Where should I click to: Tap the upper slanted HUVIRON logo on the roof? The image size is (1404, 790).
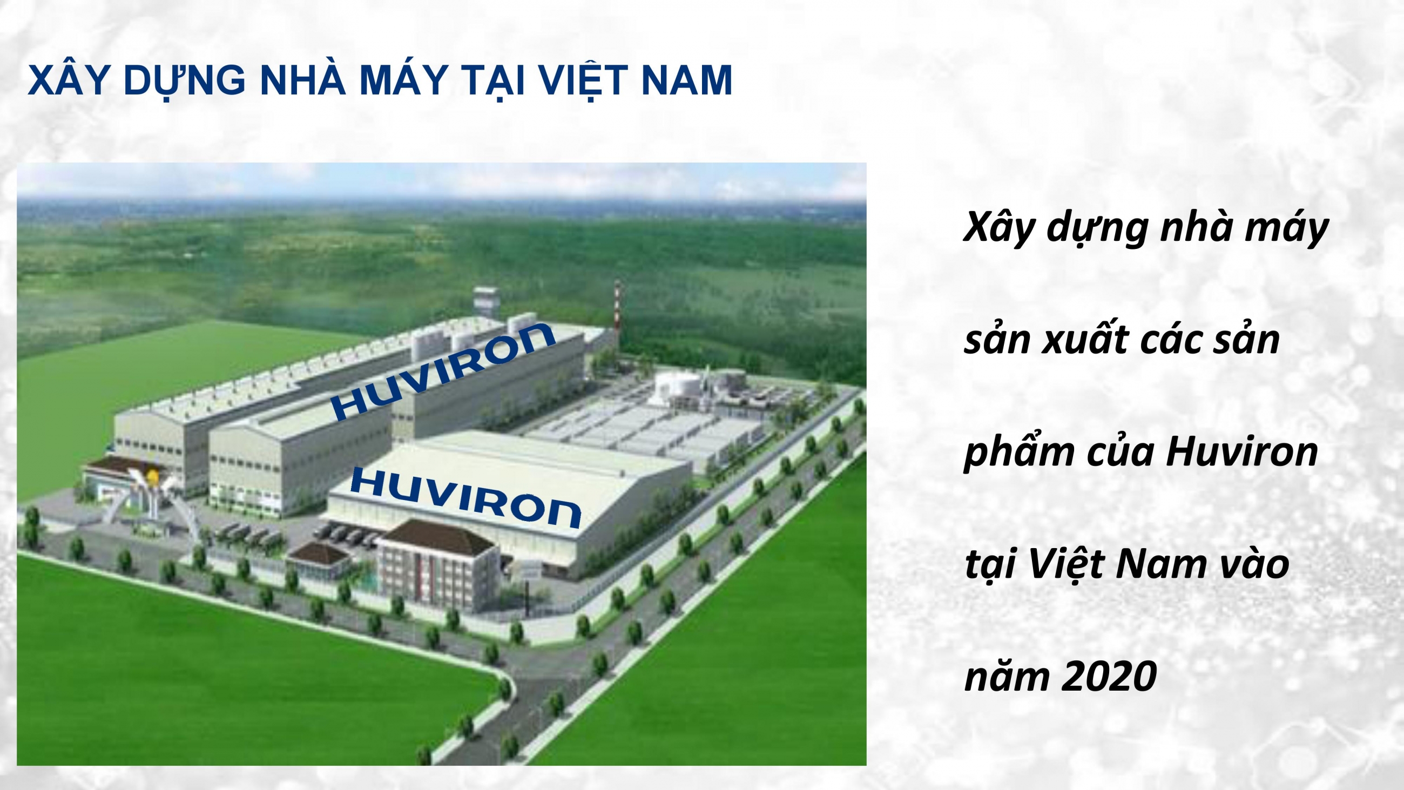[x=443, y=372]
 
